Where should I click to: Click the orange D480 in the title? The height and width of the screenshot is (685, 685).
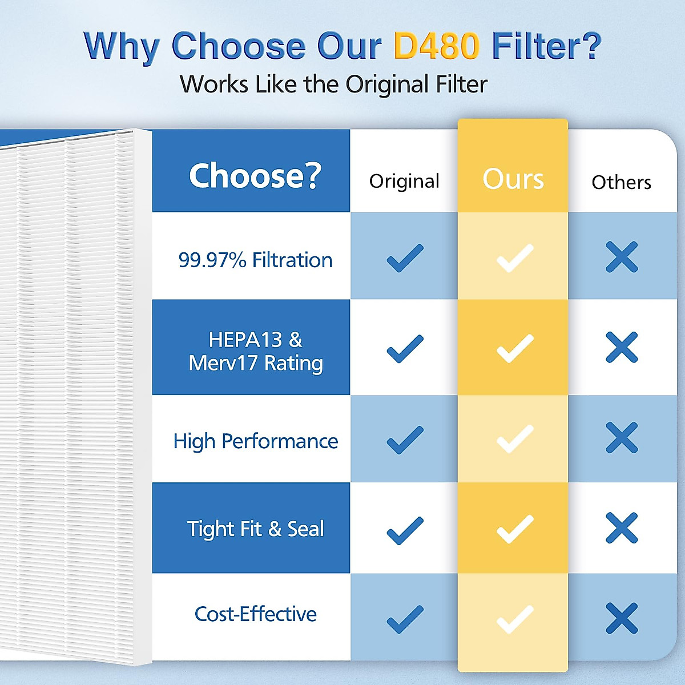click(436, 46)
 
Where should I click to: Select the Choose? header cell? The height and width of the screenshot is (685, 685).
click(255, 175)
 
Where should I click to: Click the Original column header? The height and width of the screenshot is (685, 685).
click(404, 181)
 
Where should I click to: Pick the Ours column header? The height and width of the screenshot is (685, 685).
click(513, 179)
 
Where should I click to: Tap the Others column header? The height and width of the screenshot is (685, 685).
click(621, 182)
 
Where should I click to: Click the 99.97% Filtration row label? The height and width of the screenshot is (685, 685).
click(255, 260)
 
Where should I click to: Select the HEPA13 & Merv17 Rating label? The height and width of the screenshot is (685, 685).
click(255, 351)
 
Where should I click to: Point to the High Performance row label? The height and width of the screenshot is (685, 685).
click(255, 441)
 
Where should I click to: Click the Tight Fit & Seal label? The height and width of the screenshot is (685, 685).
click(255, 529)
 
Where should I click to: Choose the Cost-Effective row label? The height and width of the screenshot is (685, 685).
click(255, 614)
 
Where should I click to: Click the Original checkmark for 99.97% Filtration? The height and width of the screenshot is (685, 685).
click(405, 257)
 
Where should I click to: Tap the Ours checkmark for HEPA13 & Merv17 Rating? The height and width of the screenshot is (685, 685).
click(515, 348)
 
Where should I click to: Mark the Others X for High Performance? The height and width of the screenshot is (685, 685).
click(622, 438)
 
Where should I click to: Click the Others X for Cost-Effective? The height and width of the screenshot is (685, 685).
click(622, 618)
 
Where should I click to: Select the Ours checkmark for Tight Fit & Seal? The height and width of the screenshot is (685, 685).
click(515, 529)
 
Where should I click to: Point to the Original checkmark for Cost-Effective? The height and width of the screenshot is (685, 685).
click(405, 619)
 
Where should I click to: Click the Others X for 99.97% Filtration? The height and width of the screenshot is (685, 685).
click(622, 257)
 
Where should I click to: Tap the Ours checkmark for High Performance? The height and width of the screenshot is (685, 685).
click(515, 439)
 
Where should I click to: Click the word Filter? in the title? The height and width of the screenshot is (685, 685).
click(546, 46)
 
